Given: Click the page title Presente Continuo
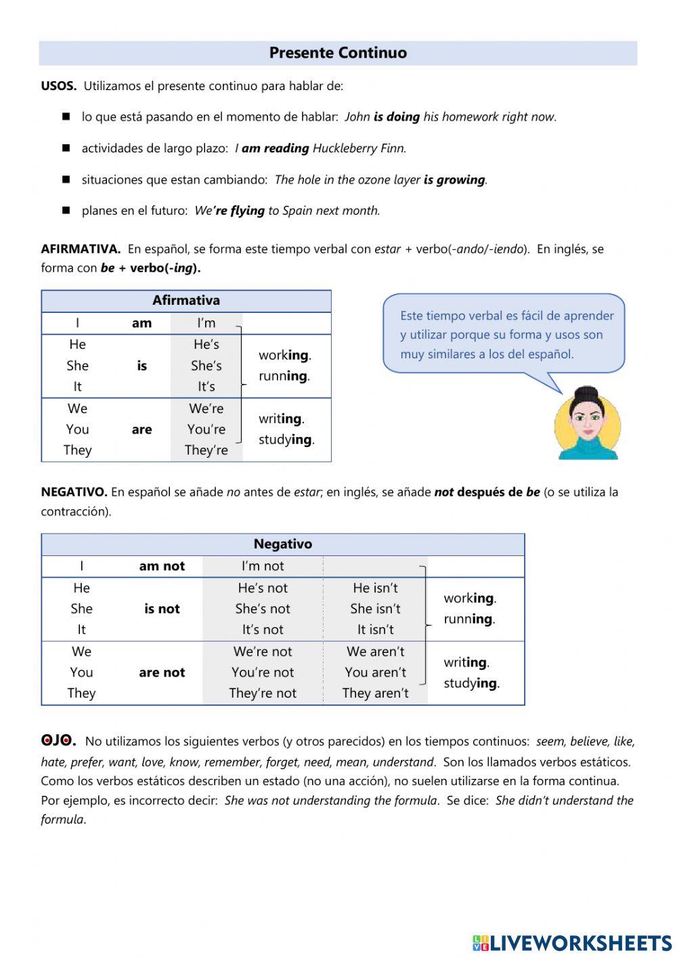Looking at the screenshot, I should [338, 53].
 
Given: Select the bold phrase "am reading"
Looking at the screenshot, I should [275, 148].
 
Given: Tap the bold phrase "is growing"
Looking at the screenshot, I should [454, 179].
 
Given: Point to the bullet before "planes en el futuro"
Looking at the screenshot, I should [66, 211].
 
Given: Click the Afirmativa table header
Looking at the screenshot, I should [186, 301].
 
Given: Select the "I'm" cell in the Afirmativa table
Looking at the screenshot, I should [206, 323].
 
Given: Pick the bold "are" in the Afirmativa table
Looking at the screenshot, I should [141, 429].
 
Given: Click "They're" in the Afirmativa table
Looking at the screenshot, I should [206, 450].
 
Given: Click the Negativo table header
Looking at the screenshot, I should [282, 544].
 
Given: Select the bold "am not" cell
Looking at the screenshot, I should [162, 566].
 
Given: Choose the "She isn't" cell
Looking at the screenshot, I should [375, 609].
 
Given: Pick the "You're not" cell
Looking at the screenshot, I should [263, 673].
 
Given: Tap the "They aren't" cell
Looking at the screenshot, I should [375, 693].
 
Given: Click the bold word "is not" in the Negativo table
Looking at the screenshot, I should [162, 609].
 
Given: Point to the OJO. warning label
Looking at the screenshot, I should [58, 740].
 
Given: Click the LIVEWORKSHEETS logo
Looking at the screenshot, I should [572, 943].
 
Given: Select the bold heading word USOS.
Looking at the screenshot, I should [58, 86].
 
